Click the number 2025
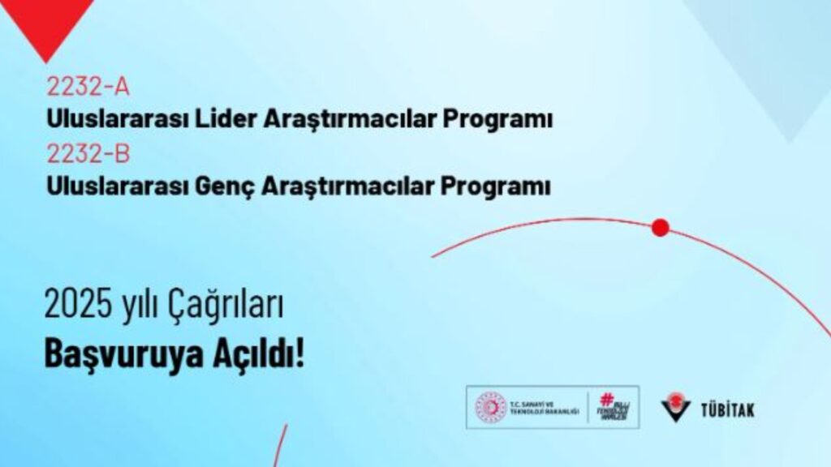[78, 306]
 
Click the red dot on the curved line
[661, 228]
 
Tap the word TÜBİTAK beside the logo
[727, 409]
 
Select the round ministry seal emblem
[490, 407]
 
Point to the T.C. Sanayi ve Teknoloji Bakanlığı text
[543, 407]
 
